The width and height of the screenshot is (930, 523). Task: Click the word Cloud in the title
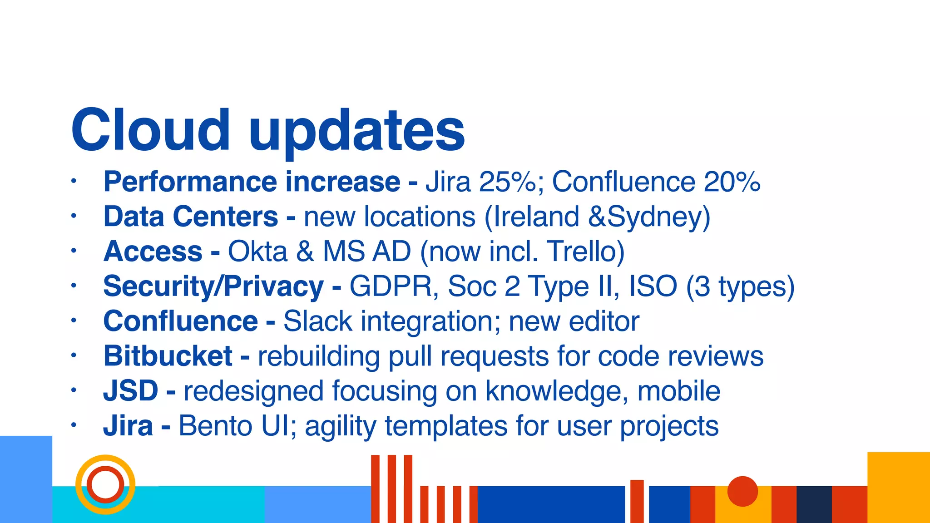(150, 130)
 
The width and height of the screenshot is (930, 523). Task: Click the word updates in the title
(357, 132)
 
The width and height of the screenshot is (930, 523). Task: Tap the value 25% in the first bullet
(508, 182)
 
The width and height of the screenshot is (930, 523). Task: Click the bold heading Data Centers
(190, 217)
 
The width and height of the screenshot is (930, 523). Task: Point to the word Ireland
(536, 217)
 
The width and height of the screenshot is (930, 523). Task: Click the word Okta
(257, 252)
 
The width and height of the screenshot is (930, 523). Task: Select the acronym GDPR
(391, 286)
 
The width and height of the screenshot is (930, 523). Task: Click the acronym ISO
(653, 286)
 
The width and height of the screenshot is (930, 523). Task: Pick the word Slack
(317, 321)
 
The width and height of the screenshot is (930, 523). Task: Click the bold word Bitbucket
(168, 356)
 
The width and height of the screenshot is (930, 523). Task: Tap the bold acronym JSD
(130, 391)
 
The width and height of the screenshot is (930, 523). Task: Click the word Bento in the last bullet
(215, 426)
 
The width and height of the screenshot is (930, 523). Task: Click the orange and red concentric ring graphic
(105, 484)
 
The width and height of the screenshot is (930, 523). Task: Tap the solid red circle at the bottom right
(742, 491)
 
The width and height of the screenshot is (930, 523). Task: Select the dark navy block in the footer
(814, 504)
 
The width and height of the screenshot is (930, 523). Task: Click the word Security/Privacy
(213, 286)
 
